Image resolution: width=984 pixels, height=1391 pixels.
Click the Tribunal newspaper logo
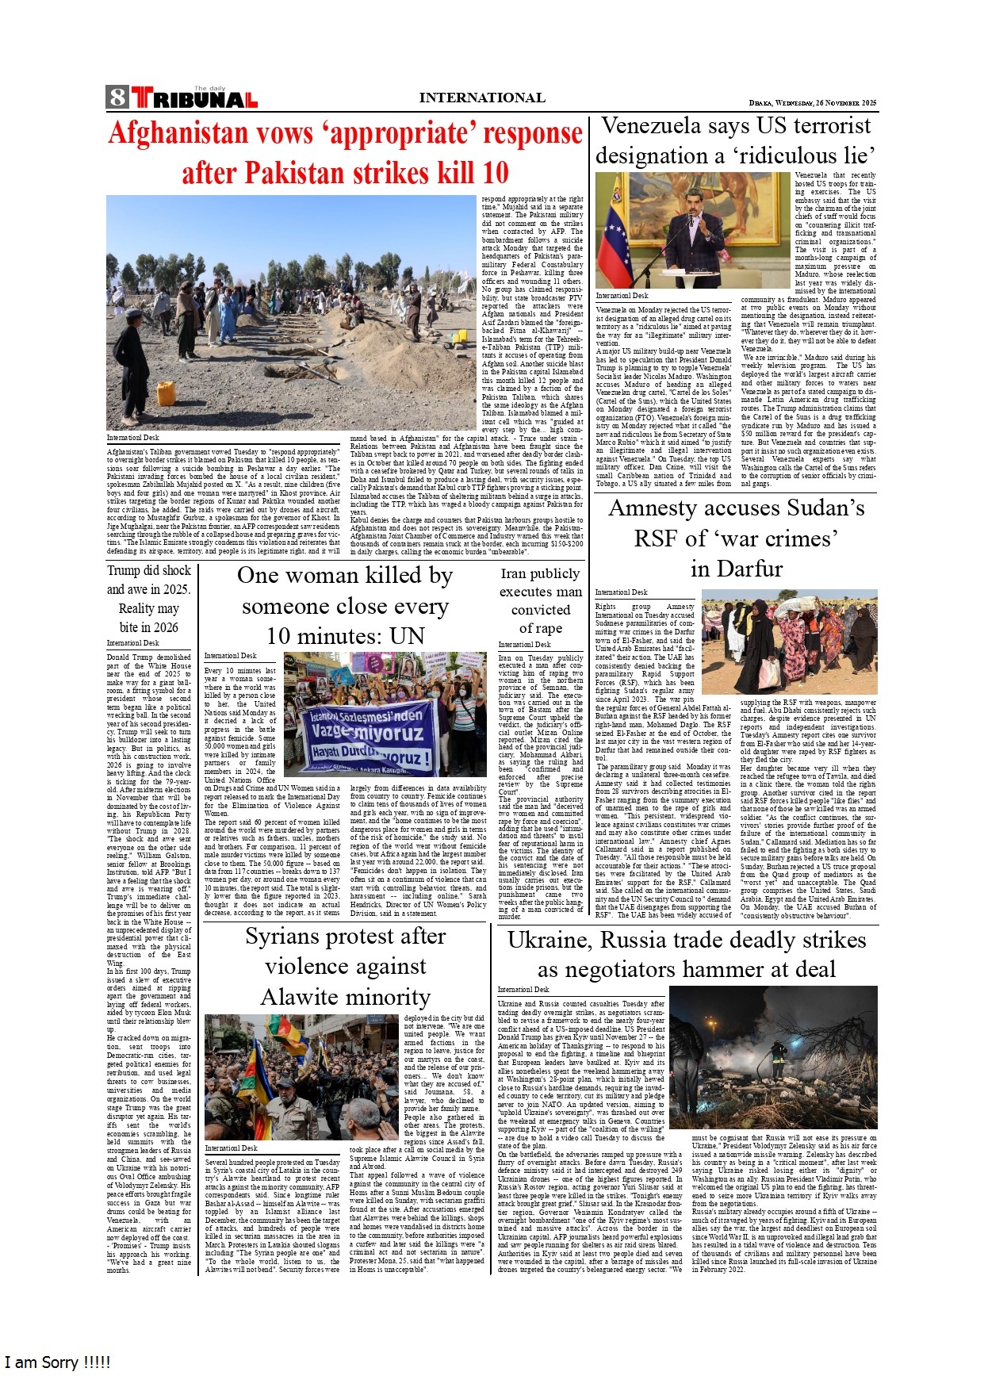195,98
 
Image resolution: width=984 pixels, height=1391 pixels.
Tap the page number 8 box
117,98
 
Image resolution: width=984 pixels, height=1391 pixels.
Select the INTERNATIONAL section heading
481,98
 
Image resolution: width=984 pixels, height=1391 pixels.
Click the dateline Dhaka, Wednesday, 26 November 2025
812,103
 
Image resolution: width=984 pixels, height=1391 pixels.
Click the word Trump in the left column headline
124,571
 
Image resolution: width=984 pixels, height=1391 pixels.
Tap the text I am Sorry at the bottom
57,1362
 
